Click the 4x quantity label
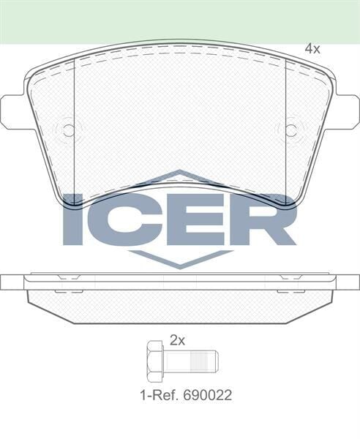312,49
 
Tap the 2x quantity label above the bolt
178,339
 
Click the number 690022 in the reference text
209,395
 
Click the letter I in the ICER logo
73,219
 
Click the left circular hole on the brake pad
68,130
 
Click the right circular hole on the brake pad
290,130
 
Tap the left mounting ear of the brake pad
15,111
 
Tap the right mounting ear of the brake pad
345,111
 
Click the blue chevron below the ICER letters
180,258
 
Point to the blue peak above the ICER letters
180,176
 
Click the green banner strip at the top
180,20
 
